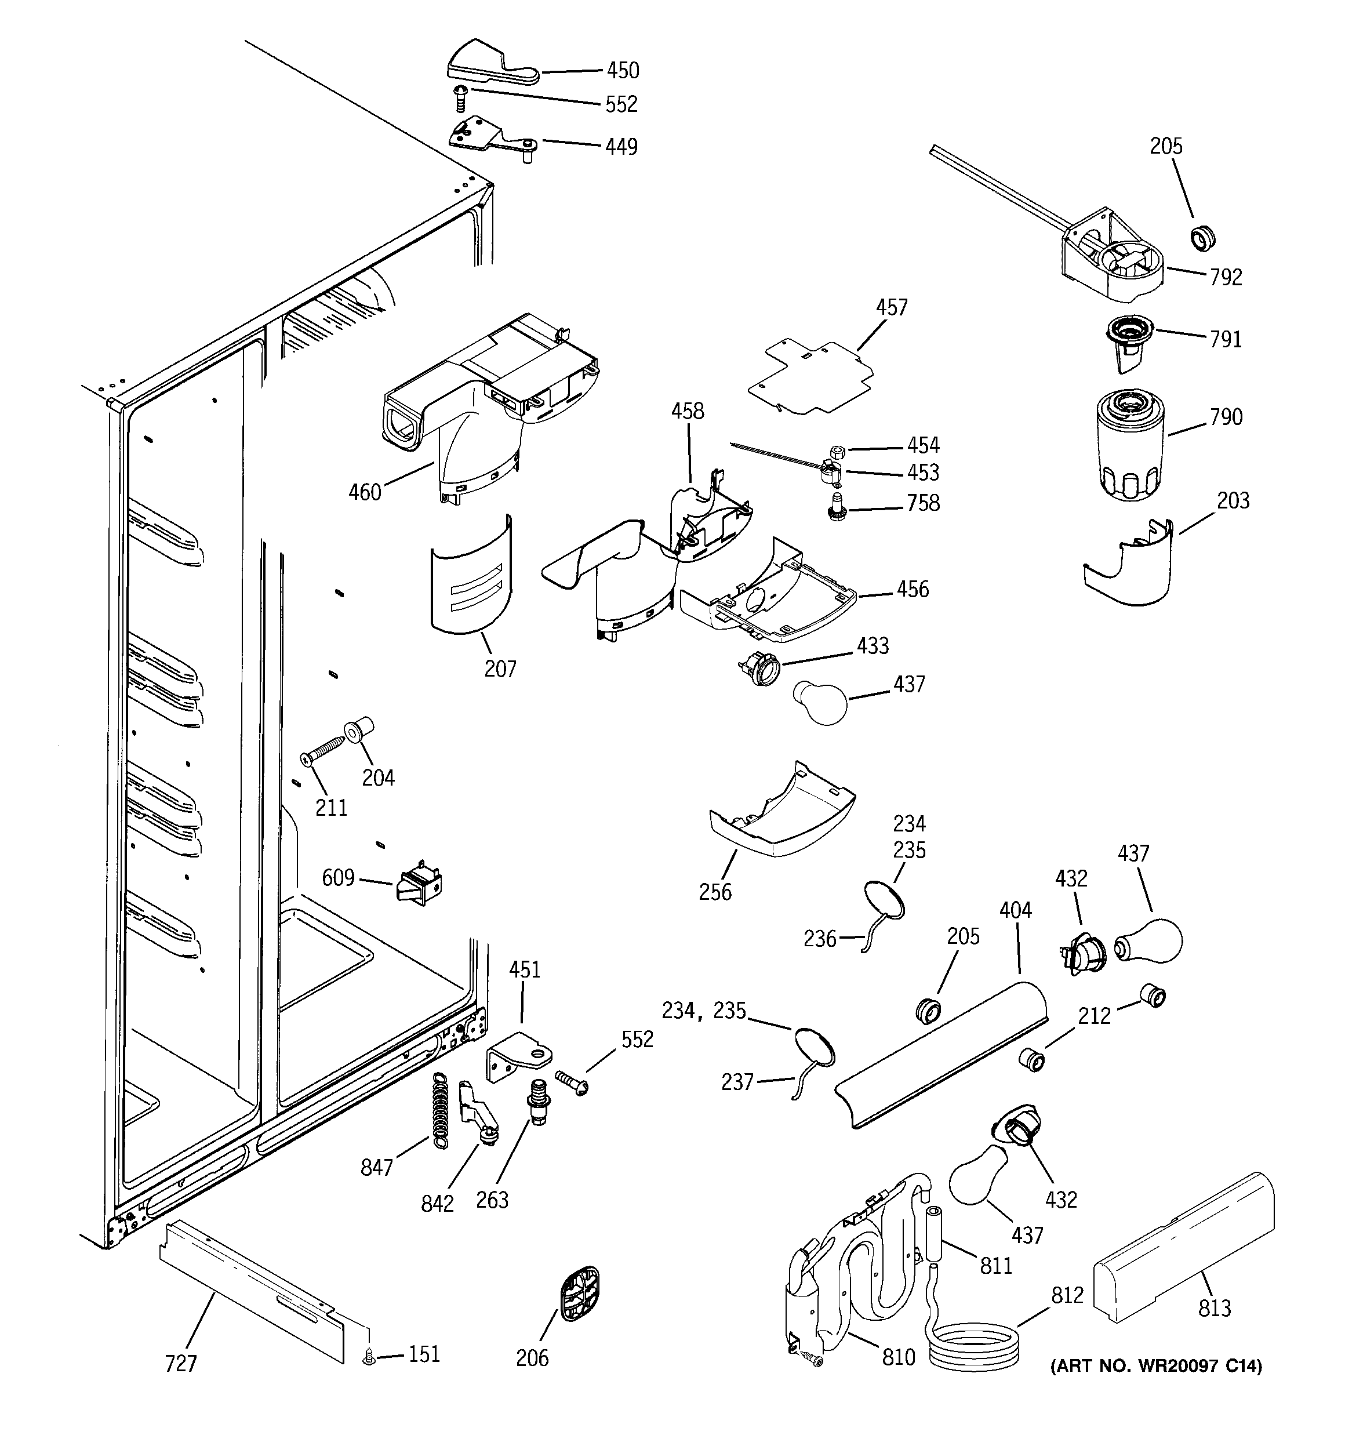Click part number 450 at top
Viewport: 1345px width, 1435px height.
click(622, 71)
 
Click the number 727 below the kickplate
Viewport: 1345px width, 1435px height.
click(180, 1364)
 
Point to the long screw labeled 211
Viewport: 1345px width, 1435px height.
click(326, 750)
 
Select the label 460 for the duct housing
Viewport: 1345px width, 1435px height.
click(365, 492)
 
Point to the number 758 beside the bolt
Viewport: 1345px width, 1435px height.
click(924, 503)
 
